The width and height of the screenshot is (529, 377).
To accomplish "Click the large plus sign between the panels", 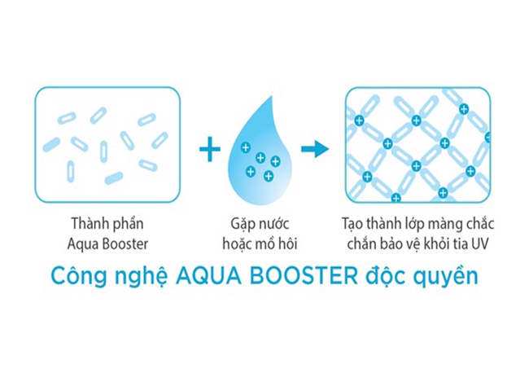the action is tap(210, 149).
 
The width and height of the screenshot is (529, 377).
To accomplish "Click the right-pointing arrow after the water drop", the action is tap(315, 148).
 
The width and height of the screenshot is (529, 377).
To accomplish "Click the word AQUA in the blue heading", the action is tap(208, 277).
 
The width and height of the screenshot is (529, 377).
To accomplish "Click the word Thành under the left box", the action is tap(87, 224).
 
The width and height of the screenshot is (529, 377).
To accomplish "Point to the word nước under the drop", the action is tap(274, 224).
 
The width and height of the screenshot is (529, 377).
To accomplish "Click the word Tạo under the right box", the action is tap(352, 224).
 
